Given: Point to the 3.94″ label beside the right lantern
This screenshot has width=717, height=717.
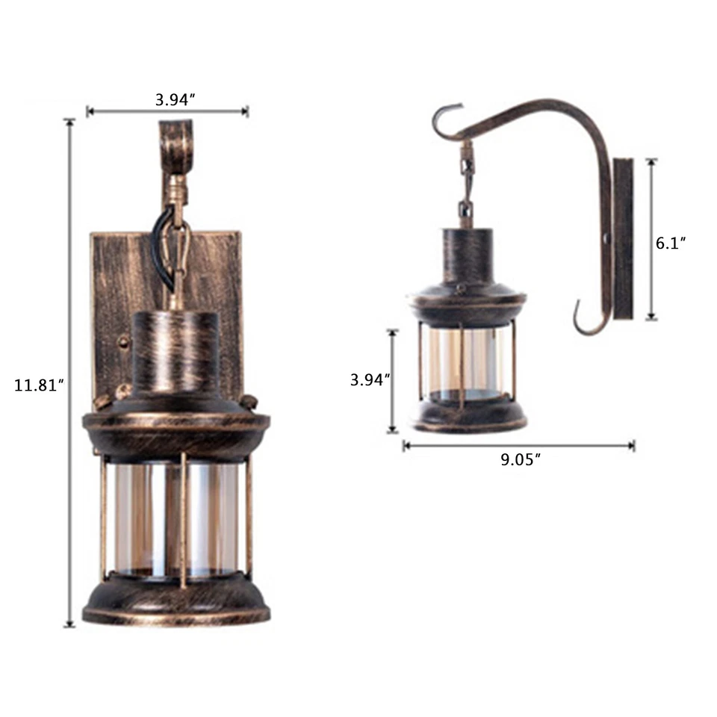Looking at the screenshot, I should click(x=370, y=379).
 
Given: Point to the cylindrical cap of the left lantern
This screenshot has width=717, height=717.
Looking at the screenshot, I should click(x=176, y=351).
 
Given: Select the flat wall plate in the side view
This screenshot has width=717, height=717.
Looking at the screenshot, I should click(x=623, y=238).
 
